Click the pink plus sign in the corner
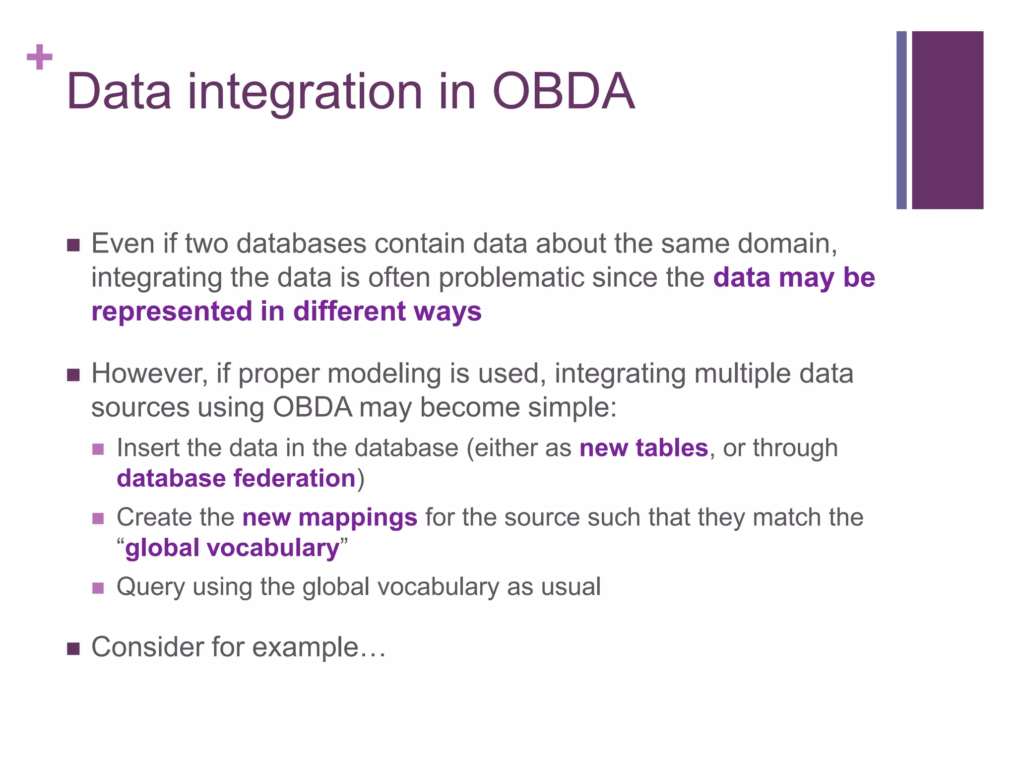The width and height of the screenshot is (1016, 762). pos(40,58)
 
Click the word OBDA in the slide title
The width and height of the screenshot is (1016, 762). pos(563,92)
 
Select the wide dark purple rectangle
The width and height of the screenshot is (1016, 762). pos(947,120)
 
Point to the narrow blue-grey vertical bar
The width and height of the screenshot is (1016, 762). pos(901,120)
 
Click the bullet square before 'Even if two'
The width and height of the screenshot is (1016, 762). pos(73,245)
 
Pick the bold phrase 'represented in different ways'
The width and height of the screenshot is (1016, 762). pos(286,312)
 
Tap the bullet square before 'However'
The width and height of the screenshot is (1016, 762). pos(73,375)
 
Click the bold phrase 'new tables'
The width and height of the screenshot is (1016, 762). pos(643,448)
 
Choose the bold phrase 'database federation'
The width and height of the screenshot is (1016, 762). pos(236,479)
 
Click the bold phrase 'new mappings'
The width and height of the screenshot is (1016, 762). pos(330,517)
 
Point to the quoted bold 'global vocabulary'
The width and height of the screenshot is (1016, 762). pos(232,548)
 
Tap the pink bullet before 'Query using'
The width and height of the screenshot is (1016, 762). pos(98,588)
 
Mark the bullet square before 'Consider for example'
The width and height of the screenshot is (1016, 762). pos(73,648)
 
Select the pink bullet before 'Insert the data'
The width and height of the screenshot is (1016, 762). pos(98,449)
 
